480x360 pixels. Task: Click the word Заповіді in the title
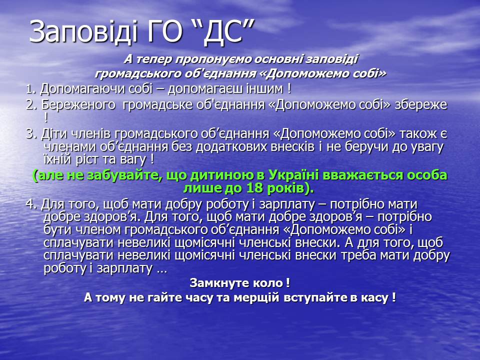pyautogui.click(x=83, y=32)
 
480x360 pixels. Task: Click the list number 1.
pyautogui.click(x=31, y=89)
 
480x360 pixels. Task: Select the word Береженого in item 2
pyautogui.click(x=78, y=105)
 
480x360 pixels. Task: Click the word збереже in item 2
pyautogui.click(x=421, y=104)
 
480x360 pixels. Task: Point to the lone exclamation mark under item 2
pyautogui.click(x=46, y=117)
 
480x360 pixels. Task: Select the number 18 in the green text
pyautogui.click(x=254, y=188)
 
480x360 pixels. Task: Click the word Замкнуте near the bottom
pyautogui.click(x=220, y=283)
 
